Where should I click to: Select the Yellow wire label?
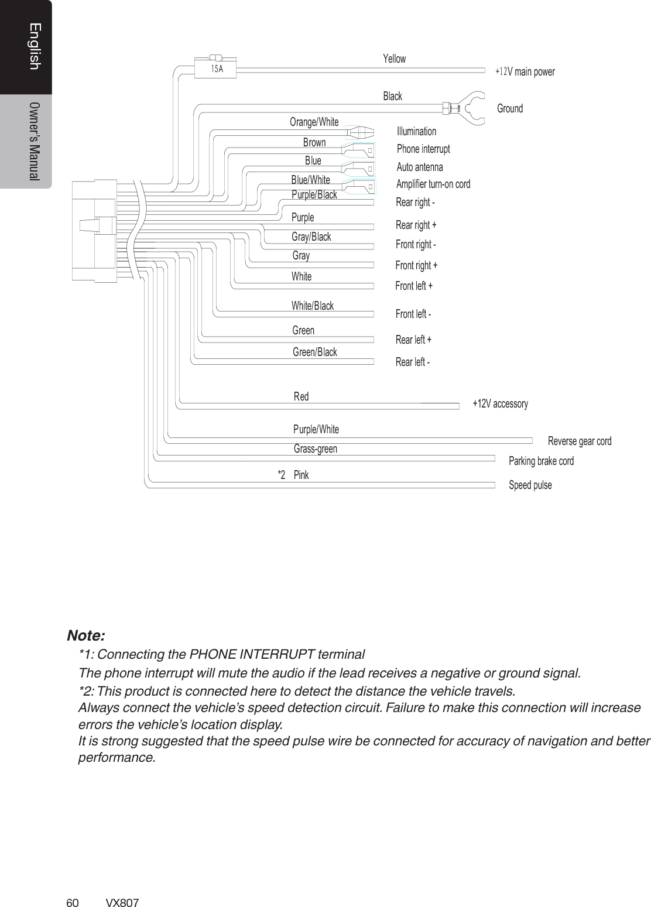point(394,59)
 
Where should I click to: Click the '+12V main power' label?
point(525,72)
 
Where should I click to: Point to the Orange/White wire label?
point(314,122)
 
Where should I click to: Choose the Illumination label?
point(416,131)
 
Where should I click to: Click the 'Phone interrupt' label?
point(423,149)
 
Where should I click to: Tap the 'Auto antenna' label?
point(420,167)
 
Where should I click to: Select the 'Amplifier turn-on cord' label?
point(433,184)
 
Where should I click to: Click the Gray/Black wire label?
point(311,237)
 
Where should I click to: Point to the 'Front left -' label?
point(413,314)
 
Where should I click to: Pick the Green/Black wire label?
point(314,352)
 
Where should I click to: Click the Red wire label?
point(301,396)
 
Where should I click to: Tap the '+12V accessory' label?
point(500,403)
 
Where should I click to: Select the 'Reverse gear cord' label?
point(579,441)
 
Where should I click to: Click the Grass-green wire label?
point(315,449)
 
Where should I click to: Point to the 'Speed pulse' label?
point(530,485)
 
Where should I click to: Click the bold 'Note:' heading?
point(86,635)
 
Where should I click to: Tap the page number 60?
point(73,902)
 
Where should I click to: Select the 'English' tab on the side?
point(35,47)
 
